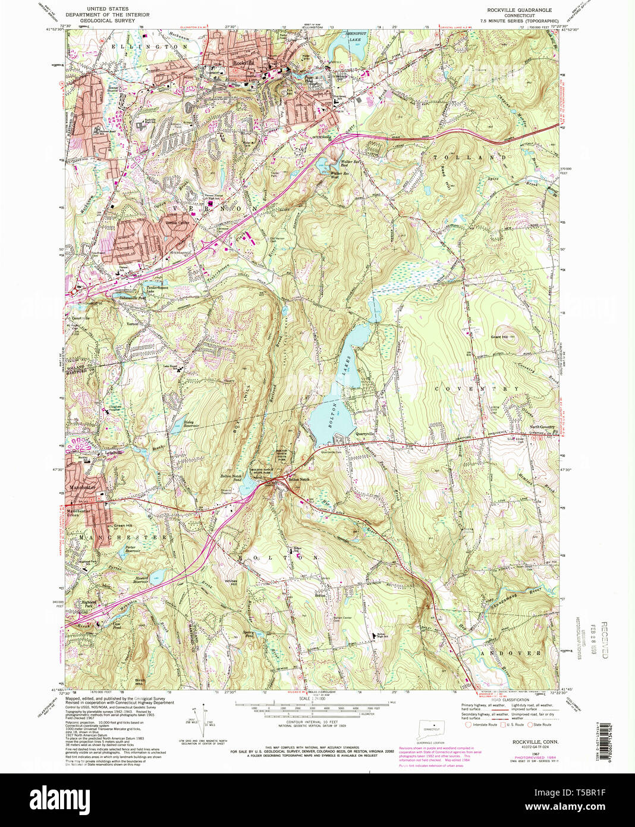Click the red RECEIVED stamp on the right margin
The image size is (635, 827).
[x=603, y=639]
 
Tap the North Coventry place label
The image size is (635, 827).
[x=542, y=427]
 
